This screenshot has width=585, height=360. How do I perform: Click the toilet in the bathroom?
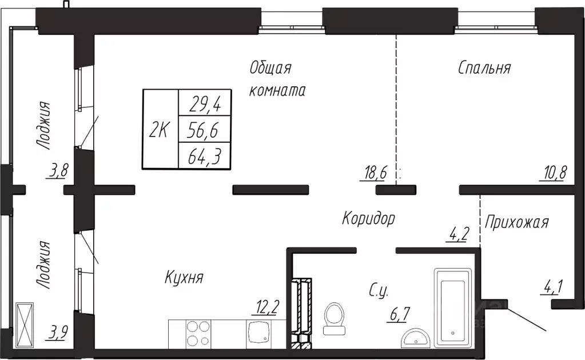[335, 318]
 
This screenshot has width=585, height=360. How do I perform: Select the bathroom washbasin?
[416, 338]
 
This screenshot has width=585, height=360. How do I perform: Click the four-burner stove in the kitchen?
[198, 333]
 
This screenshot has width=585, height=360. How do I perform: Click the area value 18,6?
[373, 173]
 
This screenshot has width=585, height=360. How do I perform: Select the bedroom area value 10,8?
[554, 173]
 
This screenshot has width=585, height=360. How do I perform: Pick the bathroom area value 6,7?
[399, 314]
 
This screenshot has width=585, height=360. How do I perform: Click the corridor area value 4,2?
[457, 234]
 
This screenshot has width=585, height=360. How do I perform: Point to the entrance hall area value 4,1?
[552, 287]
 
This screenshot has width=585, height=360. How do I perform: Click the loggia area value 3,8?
[58, 171]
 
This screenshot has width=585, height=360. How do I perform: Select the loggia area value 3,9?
[57, 332]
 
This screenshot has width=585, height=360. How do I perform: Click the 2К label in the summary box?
[160, 130]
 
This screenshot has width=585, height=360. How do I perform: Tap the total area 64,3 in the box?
[205, 157]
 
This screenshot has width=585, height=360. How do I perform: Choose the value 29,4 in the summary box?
[205, 105]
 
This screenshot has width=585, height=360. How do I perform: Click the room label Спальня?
[484, 68]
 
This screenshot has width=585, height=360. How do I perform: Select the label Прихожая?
[517, 223]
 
